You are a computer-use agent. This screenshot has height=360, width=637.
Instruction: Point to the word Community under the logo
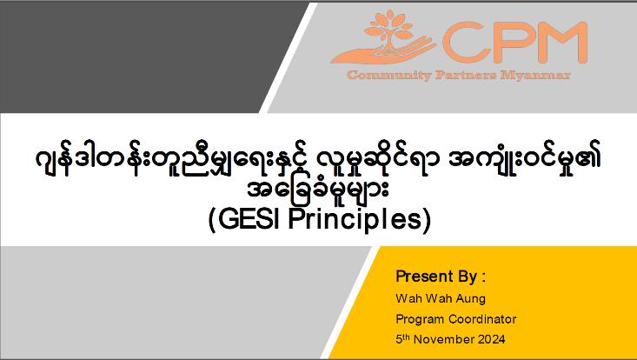tap(388, 76)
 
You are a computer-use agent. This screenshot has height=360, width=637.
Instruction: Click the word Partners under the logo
tap(466, 75)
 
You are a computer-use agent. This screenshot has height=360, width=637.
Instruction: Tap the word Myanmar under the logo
tap(536, 76)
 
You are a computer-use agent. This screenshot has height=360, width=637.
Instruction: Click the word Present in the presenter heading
tap(424, 277)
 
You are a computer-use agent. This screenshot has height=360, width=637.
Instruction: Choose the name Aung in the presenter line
tap(470, 299)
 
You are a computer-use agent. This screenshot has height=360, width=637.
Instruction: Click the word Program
tap(420, 319)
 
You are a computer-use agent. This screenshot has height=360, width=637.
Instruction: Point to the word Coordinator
tap(482, 319)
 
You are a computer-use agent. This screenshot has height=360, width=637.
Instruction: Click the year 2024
tap(492, 339)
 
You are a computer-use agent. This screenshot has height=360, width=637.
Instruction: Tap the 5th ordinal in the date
tap(402, 338)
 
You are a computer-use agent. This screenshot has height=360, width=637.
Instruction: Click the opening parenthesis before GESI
tap(212, 220)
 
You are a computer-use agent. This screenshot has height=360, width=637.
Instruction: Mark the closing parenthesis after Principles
tap(427, 220)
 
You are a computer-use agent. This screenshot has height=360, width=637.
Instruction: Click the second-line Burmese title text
tap(318, 190)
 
